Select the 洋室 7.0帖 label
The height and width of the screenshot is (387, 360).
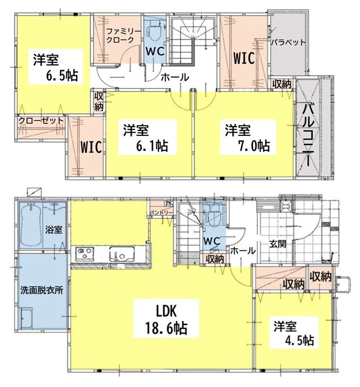pos(247,138)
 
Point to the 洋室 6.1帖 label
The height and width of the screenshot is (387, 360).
pos(146,138)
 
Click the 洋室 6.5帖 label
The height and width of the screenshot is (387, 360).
pos(56,67)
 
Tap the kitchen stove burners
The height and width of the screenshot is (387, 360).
pos(84,253)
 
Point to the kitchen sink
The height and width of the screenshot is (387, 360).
pos(122,254)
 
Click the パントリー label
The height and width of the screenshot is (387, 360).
pos(161,212)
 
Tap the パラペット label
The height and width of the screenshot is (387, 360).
pos(288,42)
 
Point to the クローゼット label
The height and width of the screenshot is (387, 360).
pos(41,120)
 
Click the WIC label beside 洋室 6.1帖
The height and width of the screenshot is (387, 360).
pos(91,147)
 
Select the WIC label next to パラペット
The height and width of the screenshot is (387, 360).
pos(244,58)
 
